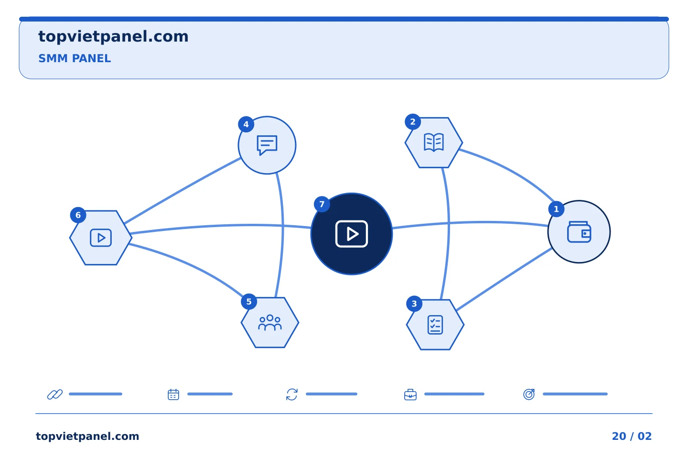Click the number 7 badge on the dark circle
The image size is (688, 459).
(x=322, y=204)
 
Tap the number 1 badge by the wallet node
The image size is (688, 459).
(x=556, y=209)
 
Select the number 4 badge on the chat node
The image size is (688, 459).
(x=246, y=124)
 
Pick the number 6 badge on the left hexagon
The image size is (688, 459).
(x=78, y=215)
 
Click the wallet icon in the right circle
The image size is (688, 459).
(x=579, y=232)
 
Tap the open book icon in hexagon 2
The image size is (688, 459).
(x=433, y=142)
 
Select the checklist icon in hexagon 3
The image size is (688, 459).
(x=435, y=324)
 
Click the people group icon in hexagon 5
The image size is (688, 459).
(x=269, y=322)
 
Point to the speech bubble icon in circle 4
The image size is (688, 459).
(x=267, y=145)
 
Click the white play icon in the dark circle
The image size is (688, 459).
(x=351, y=234)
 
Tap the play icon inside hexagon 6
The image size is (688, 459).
(x=100, y=238)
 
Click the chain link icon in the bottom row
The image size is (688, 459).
(x=55, y=394)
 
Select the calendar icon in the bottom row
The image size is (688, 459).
(x=173, y=394)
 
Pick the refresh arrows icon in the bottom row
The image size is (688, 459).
(x=291, y=394)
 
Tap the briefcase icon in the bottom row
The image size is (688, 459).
(x=410, y=394)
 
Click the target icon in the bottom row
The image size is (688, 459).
(x=528, y=394)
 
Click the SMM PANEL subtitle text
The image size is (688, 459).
(x=75, y=58)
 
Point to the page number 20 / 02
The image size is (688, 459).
(x=632, y=436)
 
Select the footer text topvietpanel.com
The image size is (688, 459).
(x=87, y=436)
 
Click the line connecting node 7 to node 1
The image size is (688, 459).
(x=470, y=222)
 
